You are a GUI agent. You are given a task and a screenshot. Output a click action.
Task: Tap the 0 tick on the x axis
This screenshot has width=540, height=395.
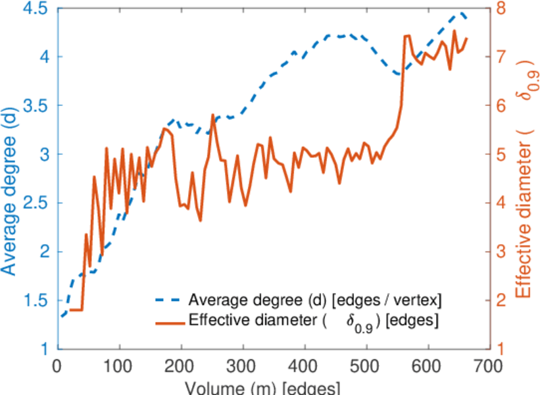pyautogui.click(x=58, y=364)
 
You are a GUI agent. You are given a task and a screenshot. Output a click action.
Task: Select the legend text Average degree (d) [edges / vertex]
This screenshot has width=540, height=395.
pyautogui.click(x=314, y=300)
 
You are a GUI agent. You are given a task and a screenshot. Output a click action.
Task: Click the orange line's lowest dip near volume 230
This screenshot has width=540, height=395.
pyautogui.click(x=200, y=221)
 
